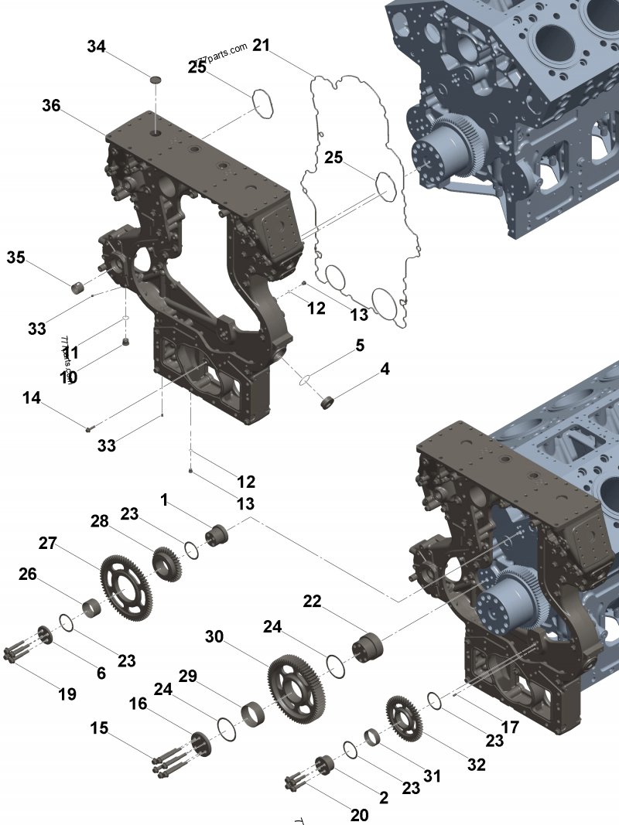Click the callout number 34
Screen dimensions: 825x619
point(96,47)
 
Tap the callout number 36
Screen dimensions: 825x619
point(51,106)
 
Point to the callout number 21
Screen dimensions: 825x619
point(261,46)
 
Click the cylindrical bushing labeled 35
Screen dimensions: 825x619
point(78,288)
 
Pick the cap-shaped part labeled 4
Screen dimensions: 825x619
point(328,402)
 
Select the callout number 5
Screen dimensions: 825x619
point(360,346)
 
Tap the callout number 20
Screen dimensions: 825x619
point(359,815)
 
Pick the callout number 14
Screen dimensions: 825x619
point(31,398)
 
